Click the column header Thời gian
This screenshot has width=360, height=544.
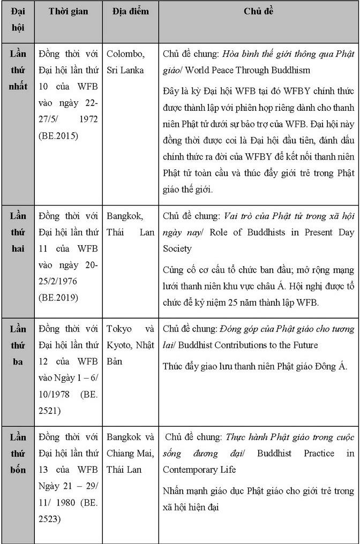point(68,11)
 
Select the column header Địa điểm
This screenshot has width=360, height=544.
point(131,11)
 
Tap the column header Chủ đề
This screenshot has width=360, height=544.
point(258,11)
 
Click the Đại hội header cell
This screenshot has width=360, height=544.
point(18,19)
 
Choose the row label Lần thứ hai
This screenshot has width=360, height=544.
point(18,232)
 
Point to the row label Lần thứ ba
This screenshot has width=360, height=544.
point(18,345)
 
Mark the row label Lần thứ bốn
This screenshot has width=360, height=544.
point(18,454)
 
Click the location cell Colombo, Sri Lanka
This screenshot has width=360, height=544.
point(125,62)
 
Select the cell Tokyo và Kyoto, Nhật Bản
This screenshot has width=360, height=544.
point(130,345)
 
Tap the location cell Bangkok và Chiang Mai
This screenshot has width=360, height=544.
point(130,454)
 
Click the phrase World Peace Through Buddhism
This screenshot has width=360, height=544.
point(252,70)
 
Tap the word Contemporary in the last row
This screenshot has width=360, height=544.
point(191,470)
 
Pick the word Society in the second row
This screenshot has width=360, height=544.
point(177,248)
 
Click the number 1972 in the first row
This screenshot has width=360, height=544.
point(87,119)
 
